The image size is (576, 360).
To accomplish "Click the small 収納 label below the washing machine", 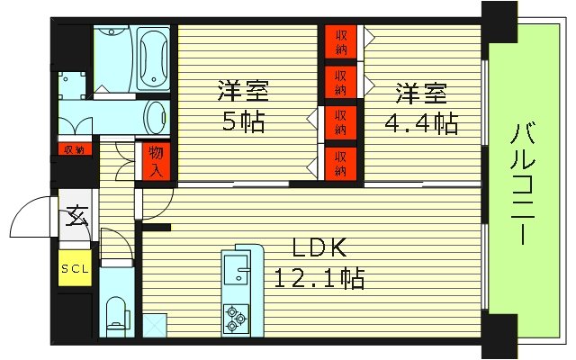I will (x=74, y=148).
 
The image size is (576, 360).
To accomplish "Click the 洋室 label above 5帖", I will (x=243, y=92).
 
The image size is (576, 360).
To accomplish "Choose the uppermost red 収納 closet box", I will (x=341, y=38).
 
